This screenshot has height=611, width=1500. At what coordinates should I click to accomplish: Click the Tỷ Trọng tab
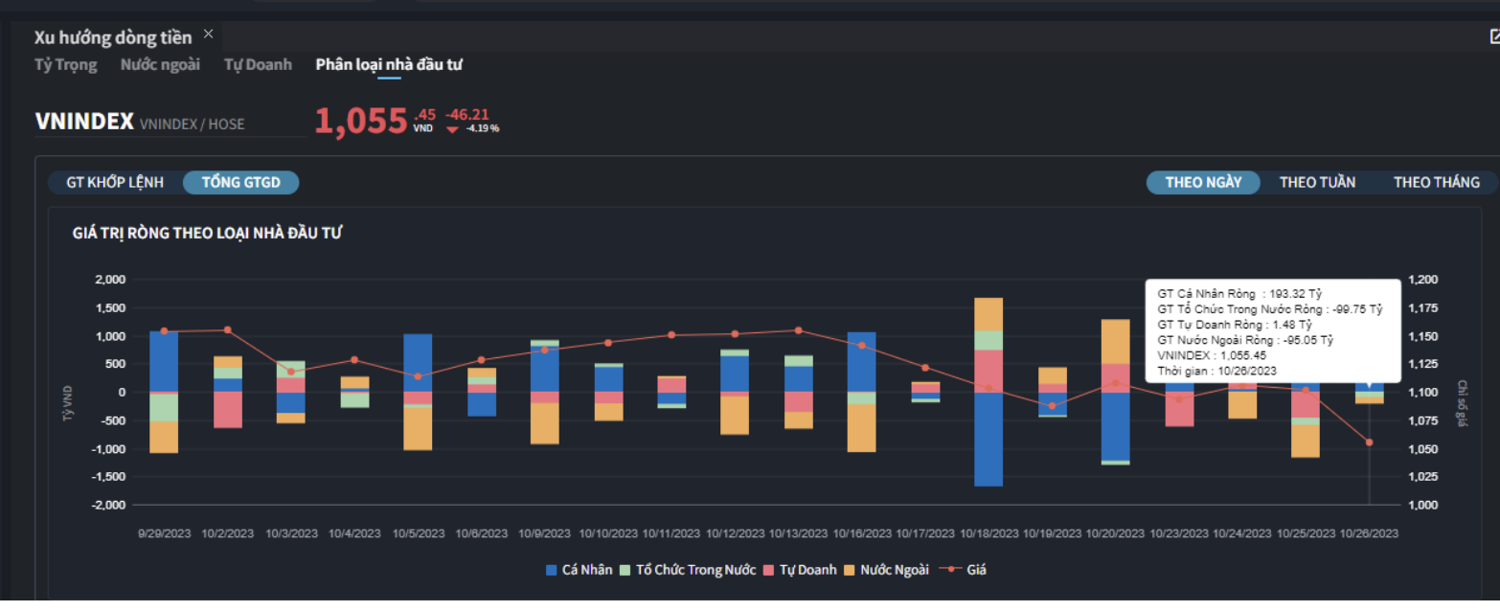point(66,65)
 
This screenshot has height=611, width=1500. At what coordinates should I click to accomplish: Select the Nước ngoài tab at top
point(160,65)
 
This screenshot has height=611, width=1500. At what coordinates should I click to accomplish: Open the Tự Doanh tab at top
point(258,65)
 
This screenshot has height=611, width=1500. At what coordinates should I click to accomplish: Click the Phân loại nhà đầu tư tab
point(389,65)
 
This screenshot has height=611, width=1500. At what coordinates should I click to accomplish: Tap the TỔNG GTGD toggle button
point(241,182)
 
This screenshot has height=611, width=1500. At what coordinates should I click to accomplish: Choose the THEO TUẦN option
point(1317,182)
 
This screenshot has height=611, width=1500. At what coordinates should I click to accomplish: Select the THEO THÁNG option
point(1436,182)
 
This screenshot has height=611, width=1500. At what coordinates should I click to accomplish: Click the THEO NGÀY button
point(1203,182)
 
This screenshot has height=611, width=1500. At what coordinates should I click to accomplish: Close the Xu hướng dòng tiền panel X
point(209,34)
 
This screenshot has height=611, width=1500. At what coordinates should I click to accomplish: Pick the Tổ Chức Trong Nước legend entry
point(688,570)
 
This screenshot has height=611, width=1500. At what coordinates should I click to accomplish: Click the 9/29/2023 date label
point(165,533)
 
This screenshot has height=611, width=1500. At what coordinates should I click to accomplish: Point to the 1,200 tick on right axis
point(1423,280)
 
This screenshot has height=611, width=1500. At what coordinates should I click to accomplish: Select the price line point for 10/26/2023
point(1369,442)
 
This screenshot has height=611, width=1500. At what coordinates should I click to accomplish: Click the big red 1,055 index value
point(361,122)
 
